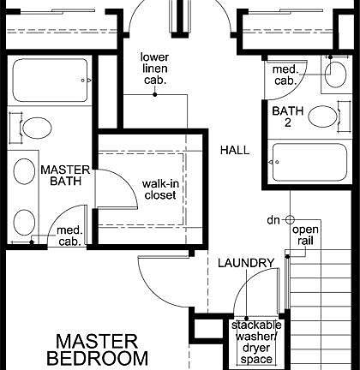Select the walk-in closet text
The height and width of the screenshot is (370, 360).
pyautogui.click(x=159, y=188)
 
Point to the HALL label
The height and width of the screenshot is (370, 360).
pyautogui.click(x=234, y=150)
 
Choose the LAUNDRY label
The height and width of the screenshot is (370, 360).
pyautogui.click(x=245, y=262)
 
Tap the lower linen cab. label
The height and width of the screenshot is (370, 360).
pyautogui.click(x=154, y=69)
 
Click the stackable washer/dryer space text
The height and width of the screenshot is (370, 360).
pyautogui.click(x=251, y=342)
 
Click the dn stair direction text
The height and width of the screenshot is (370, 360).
pyautogui.click(x=273, y=221)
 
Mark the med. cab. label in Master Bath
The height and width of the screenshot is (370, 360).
pyautogui.click(x=69, y=236)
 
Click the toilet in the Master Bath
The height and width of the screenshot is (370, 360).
pyautogui.click(x=35, y=130)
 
